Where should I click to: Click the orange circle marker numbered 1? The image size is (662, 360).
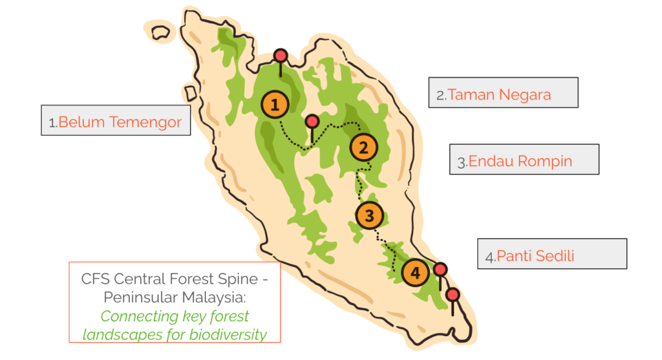click(275, 104)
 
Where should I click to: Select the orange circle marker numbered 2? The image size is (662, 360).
click(363, 148)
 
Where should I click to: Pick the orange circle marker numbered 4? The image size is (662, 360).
click(415, 273)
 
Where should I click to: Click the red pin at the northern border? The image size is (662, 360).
click(280, 56)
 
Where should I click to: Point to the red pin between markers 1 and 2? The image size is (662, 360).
click(312, 121)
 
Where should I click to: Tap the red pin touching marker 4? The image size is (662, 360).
click(440, 269)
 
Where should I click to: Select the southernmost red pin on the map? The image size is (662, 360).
click(453, 295)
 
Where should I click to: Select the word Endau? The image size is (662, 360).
click(489, 161)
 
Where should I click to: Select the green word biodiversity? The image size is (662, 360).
click(228, 335)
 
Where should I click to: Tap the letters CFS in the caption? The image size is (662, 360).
click(96, 279)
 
